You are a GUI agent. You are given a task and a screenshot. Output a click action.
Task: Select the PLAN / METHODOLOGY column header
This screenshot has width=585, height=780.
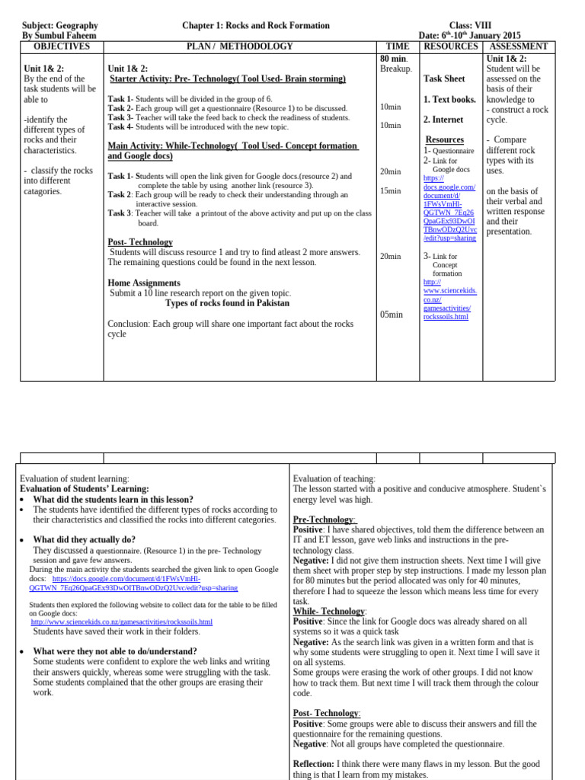click(x=240, y=46)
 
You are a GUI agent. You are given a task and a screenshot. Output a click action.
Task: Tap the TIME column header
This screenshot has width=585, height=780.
click(x=398, y=46)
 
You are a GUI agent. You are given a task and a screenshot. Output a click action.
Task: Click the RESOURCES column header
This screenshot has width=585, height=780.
click(x=451, y=46)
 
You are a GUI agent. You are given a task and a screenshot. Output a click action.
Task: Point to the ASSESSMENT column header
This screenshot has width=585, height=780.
click(x=518, y=46)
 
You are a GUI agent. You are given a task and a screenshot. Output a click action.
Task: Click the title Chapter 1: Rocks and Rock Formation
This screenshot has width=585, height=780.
click(x=256, y=26)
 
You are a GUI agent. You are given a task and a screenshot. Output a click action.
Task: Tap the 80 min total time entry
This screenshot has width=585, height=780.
click(x=394, y=58)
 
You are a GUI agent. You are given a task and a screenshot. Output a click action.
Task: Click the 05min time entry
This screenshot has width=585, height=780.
click(x=391, y=315)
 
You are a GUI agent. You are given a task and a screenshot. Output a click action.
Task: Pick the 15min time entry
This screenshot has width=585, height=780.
click(x=390, y=190)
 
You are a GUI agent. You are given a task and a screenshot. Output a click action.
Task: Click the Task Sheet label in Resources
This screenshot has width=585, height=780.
click(x=444, y=78)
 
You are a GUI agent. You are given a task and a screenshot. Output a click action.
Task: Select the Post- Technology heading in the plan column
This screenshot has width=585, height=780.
click(x=140, y=242)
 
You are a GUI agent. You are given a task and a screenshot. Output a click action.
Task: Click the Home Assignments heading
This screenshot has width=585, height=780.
click(x=144, y=283)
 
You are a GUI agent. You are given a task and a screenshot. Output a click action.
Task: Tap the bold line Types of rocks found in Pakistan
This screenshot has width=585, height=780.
click(x=227, y=302)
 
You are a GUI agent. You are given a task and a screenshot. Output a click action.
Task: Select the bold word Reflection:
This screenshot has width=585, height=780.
click(x=313, y=764)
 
